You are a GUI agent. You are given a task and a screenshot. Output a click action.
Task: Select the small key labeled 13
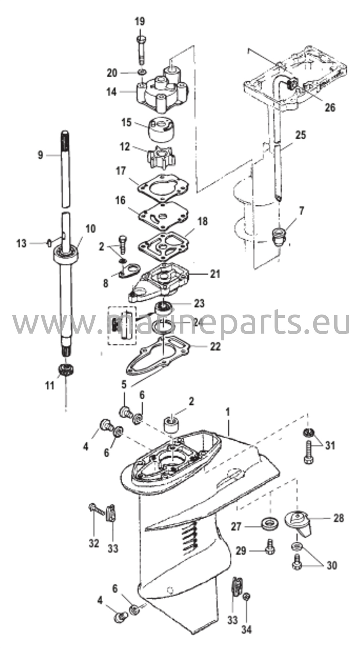coord(49,243)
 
